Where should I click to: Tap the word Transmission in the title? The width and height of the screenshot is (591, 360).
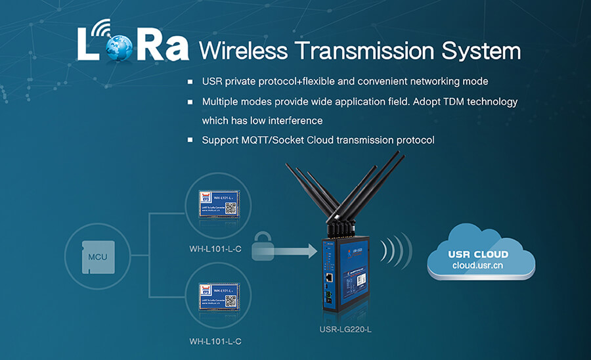pyautogui.click(x=365, y=51)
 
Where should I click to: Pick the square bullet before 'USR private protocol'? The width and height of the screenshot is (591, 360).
pyautogui.click(x=190, y=83)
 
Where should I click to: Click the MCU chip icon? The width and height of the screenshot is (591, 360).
pyautogui.click(x=97, y=257)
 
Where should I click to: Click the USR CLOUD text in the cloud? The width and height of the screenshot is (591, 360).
pyautogui.click(x=477, y=254)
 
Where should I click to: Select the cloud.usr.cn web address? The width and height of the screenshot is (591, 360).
pyautogui.click(x=477, y=265)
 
